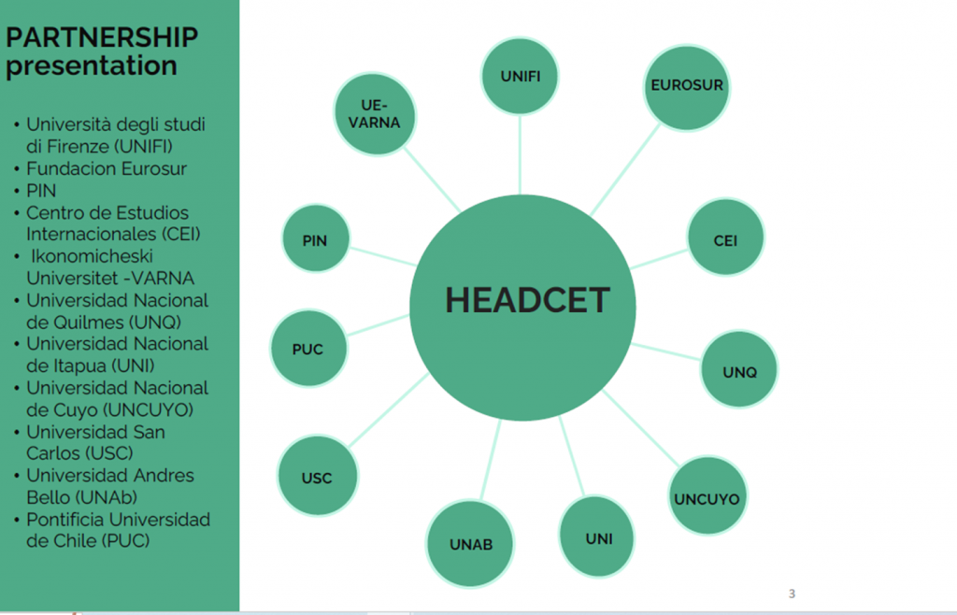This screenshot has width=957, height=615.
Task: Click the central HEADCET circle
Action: pyautogui.click(x=522, y=307)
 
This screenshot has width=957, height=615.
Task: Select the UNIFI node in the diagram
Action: pyautogui.click(x=520, y=77)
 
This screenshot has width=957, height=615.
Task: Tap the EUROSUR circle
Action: pyautogui.click(x=687, y=88)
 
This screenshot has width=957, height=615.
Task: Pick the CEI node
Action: pyautogui.click(x=725, y=237)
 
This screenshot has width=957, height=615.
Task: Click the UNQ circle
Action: pyautogui.click(x=739, y=369)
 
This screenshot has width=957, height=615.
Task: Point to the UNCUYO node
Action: pyautogui.click(x=707, y=495)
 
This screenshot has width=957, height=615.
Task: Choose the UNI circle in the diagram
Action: pyautogui.click(x=597, y=536)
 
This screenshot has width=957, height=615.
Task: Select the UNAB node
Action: pyautogui.click(x=470, y=544)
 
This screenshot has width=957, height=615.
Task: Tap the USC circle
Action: pyautogui.click(x=318, y=476)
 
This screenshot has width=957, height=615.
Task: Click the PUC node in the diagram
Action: pyautogui.click(x=308, y=349)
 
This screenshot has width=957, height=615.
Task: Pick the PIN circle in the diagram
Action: pyautogui.click(x=316, y=238)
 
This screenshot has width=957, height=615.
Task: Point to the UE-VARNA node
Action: pyautogui.click(x=375, y=114)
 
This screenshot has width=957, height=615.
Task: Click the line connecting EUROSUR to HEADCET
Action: pyautogui.click(x=625, y=170)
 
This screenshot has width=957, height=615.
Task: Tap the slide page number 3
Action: pyautogui.click(x=792, y=593)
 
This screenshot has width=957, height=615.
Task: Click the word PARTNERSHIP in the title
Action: pyautogui.click(x=102, y=37)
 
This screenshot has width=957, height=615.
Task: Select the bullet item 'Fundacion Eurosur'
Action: pyautogui.click(x=107, y=168)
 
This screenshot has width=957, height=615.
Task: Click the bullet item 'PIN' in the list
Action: pyautogui.click(x=41, y=191)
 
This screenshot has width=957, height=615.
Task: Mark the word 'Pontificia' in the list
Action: pyautogui.click(x=64, y=520)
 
